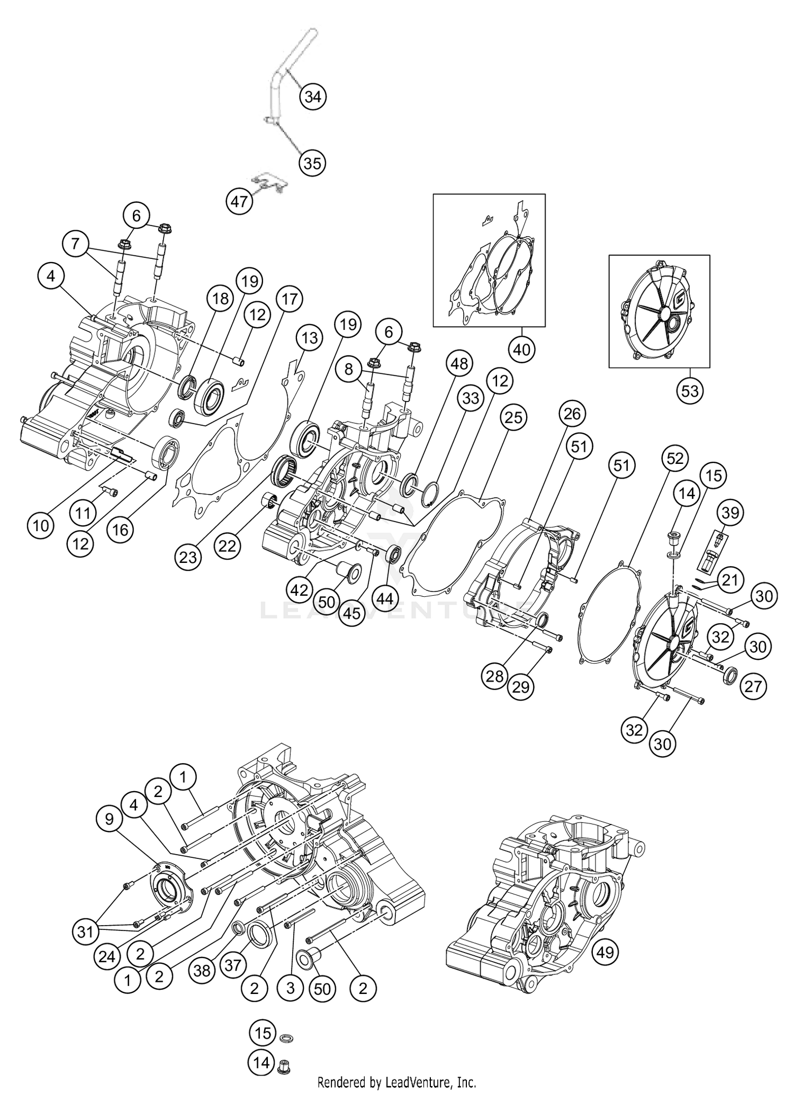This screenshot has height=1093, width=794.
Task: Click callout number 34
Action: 313,97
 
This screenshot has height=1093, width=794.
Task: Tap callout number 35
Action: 312,163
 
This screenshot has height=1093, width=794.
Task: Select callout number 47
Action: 239,201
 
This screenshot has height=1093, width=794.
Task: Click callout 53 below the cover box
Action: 690,391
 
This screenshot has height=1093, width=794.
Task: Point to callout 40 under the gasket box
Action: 521,350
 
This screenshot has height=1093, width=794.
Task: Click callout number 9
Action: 109,819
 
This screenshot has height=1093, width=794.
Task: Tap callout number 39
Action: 730,513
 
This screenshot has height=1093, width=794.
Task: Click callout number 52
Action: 675,459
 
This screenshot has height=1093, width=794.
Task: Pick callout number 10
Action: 41,526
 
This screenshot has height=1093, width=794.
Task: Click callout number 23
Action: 188,557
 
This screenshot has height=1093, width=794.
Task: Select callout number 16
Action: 121,529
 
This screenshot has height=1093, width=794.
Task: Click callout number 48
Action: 459,364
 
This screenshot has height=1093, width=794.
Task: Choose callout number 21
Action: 730,580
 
